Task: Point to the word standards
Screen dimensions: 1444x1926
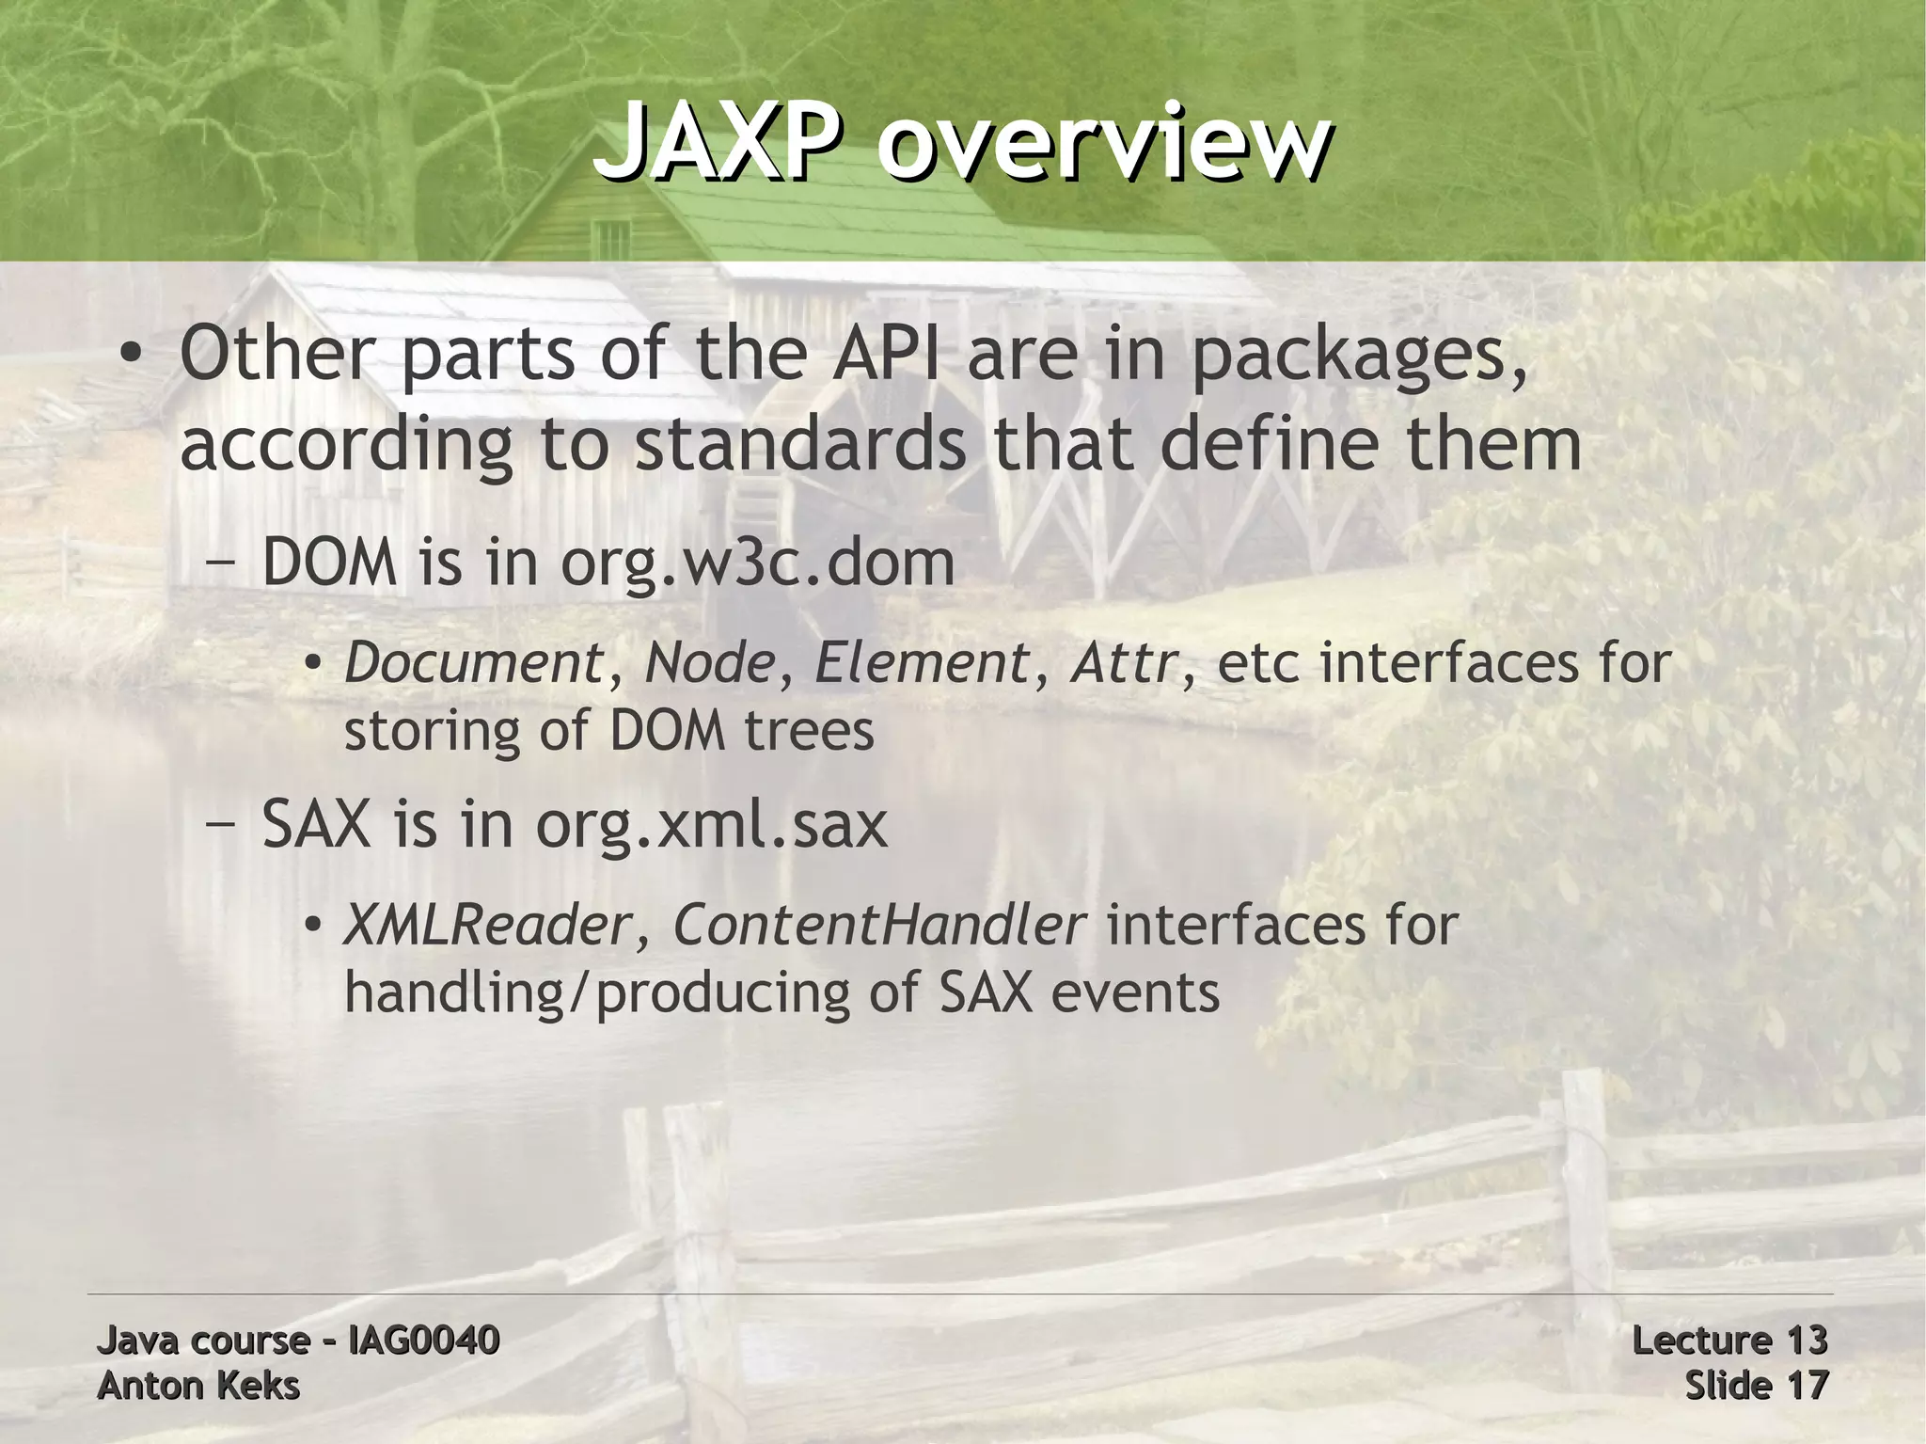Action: click(x=799, y=444)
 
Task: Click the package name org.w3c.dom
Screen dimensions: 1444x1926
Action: click(x=758, y=564)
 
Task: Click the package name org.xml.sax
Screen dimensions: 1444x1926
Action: click(x=711, y=826)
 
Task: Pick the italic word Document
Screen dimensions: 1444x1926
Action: click(x=473, y=662)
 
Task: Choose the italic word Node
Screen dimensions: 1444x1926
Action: click(x=709, y=662)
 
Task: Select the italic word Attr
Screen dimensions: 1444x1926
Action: click(x=1123, y=662)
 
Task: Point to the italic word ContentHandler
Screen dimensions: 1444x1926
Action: click(x=878, y=925)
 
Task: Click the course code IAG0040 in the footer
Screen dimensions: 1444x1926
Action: click(x=423, y=1340)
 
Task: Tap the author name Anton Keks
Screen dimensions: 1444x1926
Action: click(x=198, y=1386)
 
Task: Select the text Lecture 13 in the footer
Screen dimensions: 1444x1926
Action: click(x=1729, y=1340)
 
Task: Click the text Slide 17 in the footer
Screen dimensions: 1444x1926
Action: click(x=1756, y=1386)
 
